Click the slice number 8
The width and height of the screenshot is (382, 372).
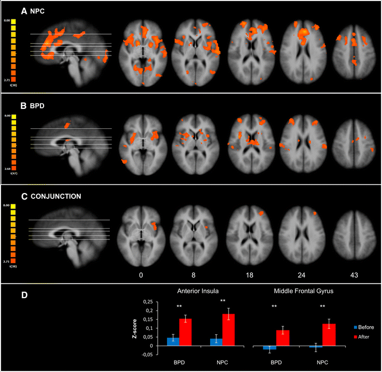click(193, 275)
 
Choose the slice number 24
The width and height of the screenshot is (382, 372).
click(301, 275)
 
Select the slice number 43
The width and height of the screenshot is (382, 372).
click(353, 275)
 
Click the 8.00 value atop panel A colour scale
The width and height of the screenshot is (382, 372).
click(7, 20)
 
